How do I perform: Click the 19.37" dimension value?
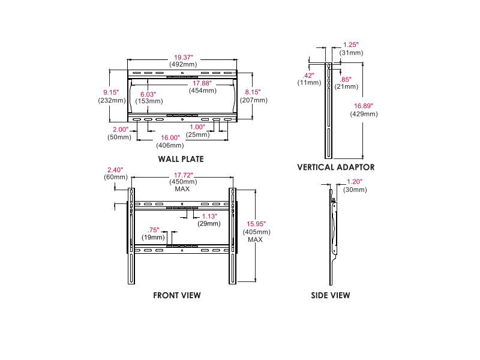(184, 55)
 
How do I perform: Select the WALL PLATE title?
(181, 159)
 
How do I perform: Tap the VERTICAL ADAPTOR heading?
(335, 167)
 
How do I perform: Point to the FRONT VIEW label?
(177, 295)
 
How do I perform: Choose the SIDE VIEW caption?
(331, 295)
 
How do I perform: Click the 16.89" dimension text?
(364, 106)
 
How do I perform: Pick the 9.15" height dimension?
(110, 92)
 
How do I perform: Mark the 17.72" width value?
(182, 175)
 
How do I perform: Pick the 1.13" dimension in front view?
(209, 216)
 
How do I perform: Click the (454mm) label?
(202, 91)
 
